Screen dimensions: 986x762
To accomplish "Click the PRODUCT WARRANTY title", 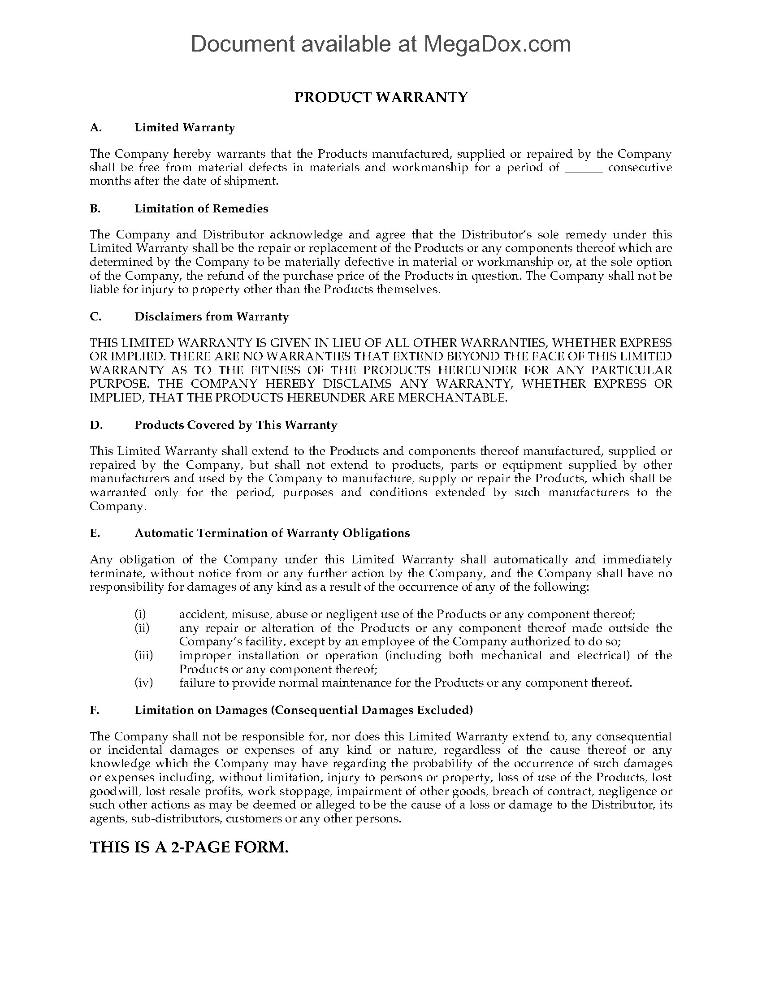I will pos(381,98).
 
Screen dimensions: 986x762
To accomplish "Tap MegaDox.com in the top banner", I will pos(497,44).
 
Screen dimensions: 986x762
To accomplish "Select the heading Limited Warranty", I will pos(185,128).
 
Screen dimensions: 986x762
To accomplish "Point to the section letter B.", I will pos(95,208).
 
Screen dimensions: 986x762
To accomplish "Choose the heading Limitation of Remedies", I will pos(201,208).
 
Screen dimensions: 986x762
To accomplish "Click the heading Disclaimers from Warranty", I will pos(211,317).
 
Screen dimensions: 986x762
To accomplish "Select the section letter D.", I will pos(96,425).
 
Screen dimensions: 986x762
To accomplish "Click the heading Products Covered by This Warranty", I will pos(236,425).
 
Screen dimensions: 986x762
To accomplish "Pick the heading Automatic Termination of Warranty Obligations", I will pos(272,533).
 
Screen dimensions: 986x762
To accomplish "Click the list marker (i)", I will pos(140,614).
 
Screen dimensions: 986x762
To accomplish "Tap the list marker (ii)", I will pos(142,628).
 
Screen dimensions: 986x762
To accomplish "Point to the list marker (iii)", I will pos(143,655).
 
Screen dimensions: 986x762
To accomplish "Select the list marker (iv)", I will pos(143,683).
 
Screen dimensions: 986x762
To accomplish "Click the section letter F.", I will pos(94,710).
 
